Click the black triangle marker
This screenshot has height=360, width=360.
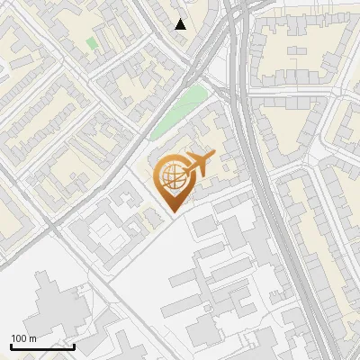click(x=181, y=24)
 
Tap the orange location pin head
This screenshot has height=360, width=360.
click(x=173, y=177)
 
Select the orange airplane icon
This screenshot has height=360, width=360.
click(x=198, y=164)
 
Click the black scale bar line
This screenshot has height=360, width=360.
click(x=42, y=346)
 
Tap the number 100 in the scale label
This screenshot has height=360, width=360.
click(x=20, y=338)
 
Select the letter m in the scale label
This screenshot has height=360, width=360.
click(x=32, y=338)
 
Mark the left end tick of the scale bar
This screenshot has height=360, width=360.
click(x=11, y=346)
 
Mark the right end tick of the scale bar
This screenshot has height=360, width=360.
click(x=74, y=346)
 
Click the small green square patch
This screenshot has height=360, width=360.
click(x=92, y=42)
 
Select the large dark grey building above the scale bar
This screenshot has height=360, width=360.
click(x=54, y=310)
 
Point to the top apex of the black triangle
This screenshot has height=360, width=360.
click(x=181, y=19)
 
